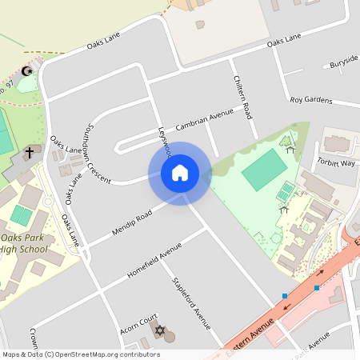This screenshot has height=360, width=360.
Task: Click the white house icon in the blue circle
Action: point(180,173)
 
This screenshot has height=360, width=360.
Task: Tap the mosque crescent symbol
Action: point(28,71)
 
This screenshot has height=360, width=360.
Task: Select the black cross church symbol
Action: point(30,151)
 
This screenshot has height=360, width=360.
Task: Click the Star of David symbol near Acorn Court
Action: point(158,330)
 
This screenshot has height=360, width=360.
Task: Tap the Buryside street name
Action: point(344,60)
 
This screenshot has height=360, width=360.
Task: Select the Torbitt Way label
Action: point(335,163)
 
